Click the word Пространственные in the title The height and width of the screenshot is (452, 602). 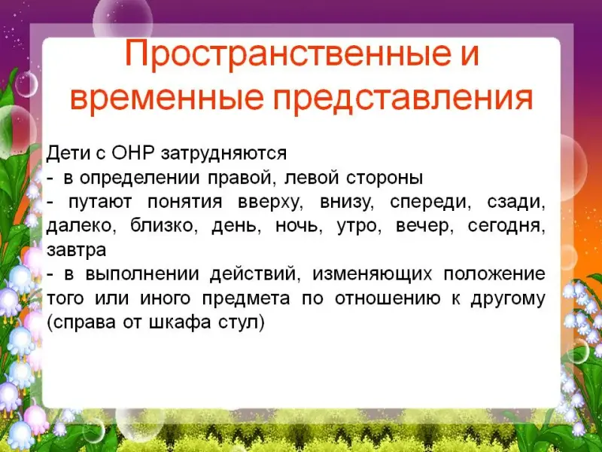point(288,55)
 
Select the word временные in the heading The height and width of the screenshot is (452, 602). point(167,98)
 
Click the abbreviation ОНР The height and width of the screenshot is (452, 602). point(133,153)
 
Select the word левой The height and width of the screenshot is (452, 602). point(312,178)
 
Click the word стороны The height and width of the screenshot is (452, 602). point(385,179)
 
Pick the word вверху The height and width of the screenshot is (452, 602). point(270,203)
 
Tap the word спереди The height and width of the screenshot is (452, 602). point(430,203)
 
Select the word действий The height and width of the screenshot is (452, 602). point(255,274)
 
